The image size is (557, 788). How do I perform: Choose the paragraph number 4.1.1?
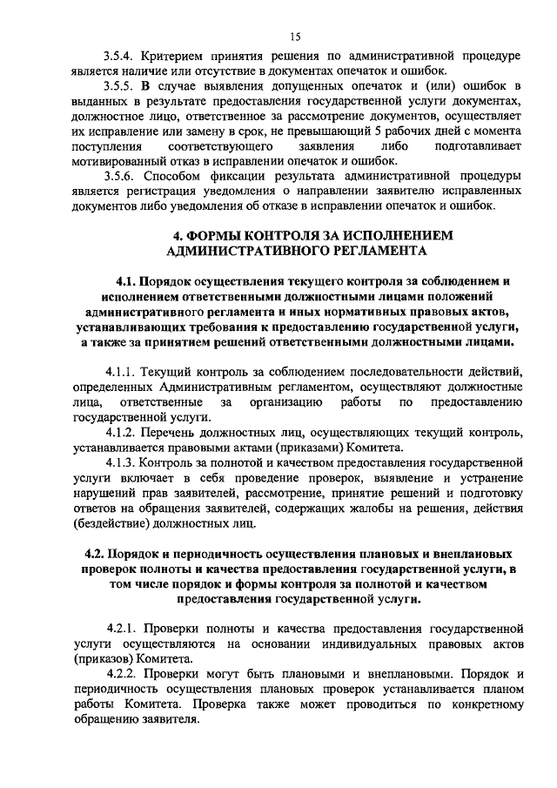click(120, 372)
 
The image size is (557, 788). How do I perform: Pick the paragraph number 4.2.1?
click(120, 629)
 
